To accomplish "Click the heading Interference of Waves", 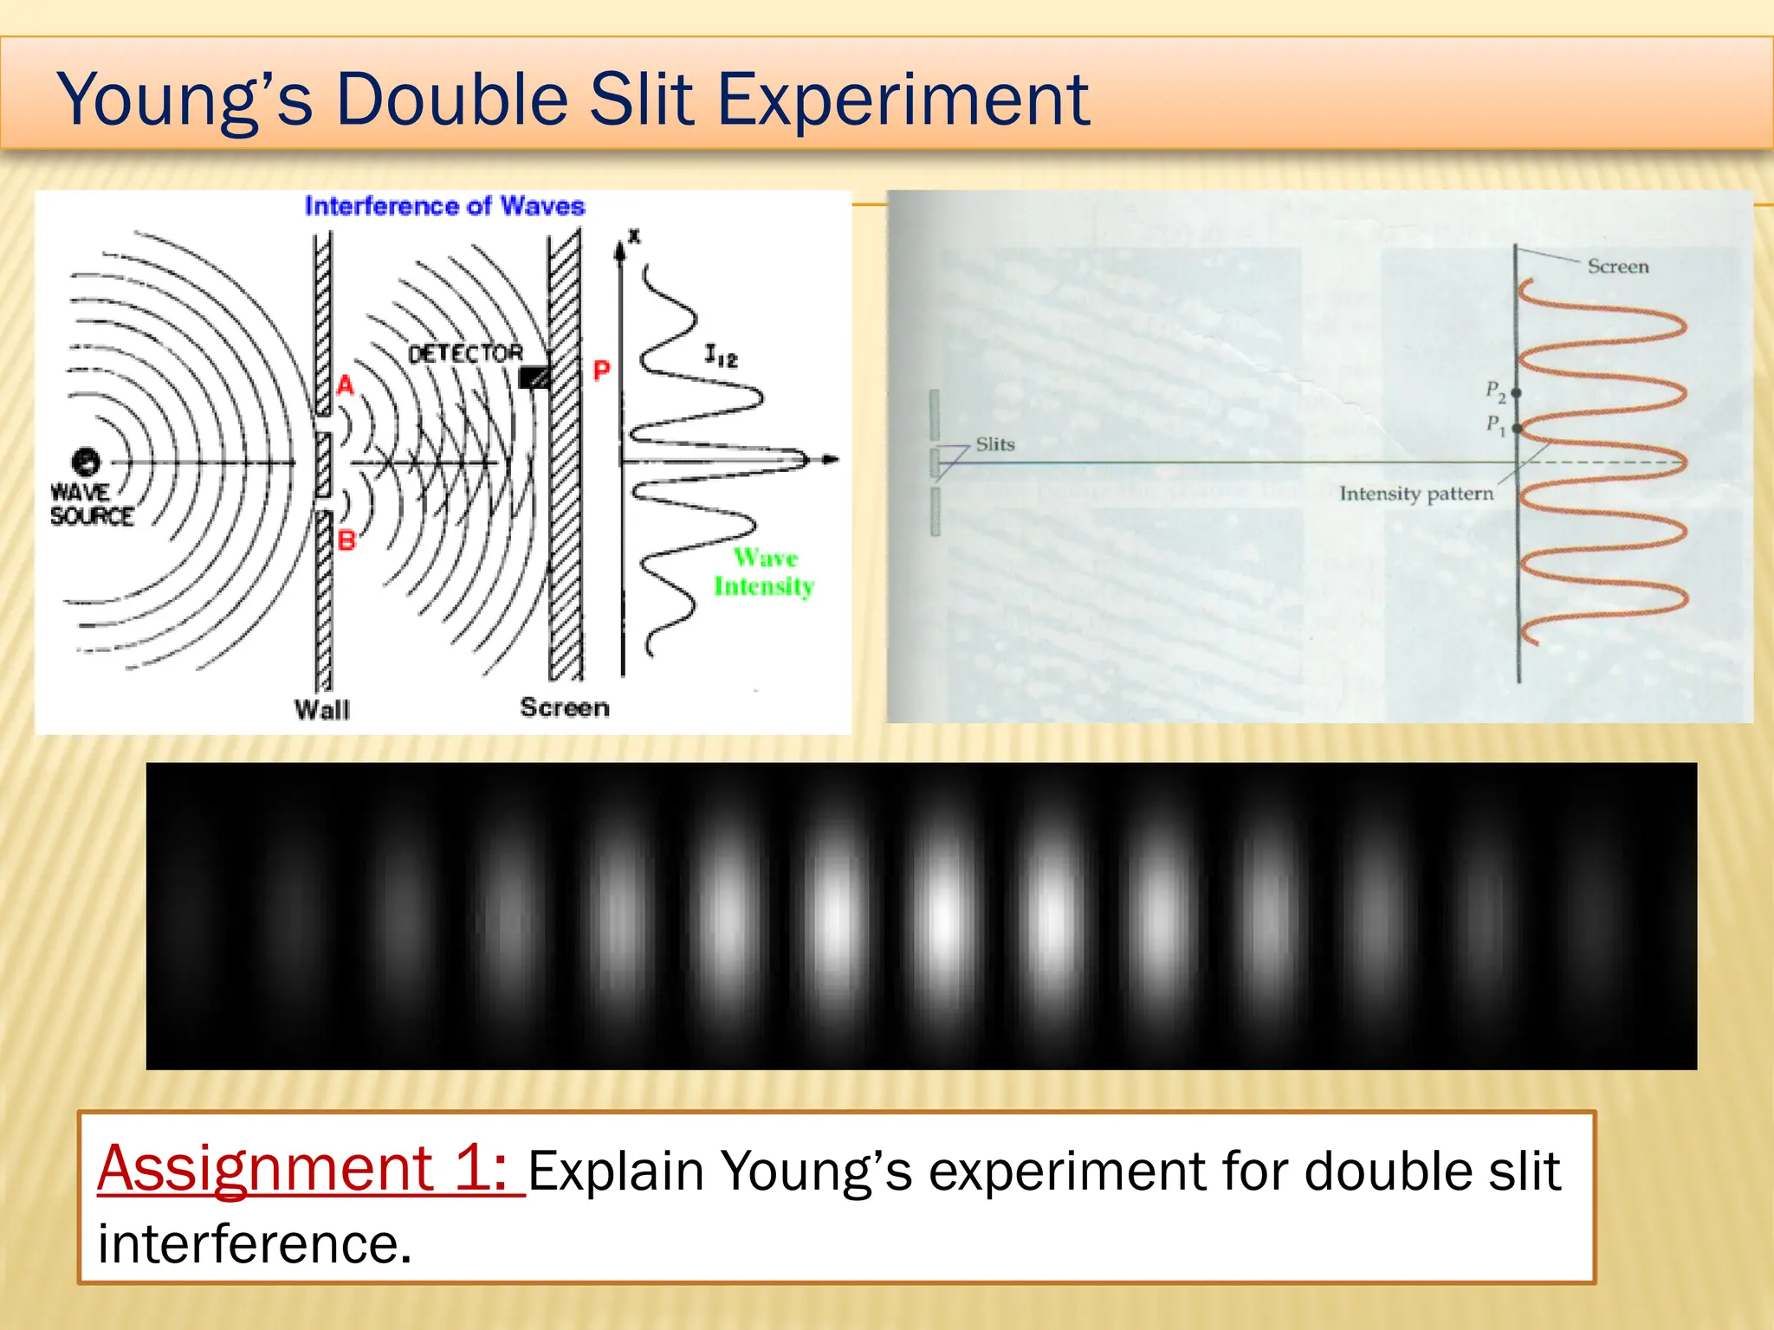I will click(x=444, y=206).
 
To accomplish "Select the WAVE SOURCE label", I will click(x=91, y=505).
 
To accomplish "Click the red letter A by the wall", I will click(x=345, y=384).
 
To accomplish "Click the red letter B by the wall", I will click(x=346, y=541).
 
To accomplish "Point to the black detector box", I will click(x=534, y=378).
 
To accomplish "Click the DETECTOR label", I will click(x=465, y=353).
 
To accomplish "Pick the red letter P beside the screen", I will click(x=601, y=371).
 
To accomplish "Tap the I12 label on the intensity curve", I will click(x=721, y=355).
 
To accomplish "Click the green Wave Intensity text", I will click(x=764, y=572).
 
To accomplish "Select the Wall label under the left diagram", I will click(x=322, y=710).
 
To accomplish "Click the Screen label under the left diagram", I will click(x=565, y=707).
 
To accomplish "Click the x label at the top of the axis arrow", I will click(x=634, y=236).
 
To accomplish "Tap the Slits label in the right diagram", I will click(x=994, y=444).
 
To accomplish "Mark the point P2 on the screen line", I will click(x=1516, y=394).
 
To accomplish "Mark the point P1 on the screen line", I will click(x=1517, y=428).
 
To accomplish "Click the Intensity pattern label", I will click(x=1416, y=494).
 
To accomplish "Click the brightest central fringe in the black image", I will click(x=942, y=916).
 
